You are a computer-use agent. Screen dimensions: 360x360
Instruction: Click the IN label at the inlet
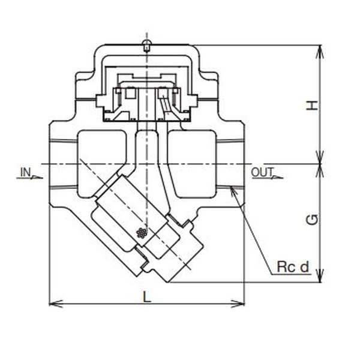click(25, 172)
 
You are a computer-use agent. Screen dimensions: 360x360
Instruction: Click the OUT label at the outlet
click(262, 172)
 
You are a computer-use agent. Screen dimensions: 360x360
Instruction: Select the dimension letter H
click(312, 106)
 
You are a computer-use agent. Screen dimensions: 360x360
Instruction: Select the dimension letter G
click(312, 220)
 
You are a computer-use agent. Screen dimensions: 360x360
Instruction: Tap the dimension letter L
click(147, 296)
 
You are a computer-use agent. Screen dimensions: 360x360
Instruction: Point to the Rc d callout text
click(293, 267)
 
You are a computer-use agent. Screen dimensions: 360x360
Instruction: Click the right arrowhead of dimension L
click(238, 304)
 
